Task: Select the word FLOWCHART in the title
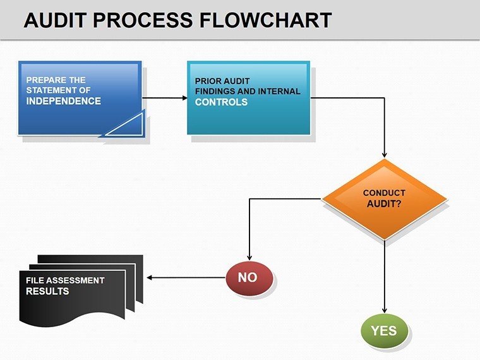tap(265, 20)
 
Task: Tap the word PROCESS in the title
tap(143, 20)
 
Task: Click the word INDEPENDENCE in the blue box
tap(63, 101)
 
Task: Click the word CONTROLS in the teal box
tap(221, 102)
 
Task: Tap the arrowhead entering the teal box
tap(185, 98)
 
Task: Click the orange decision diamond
tap(385, 199)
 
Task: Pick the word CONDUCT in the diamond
tap(384, 193)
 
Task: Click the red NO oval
tap(249, 278)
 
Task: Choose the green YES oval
tap(385, 330)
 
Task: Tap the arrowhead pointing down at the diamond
tap(385, 155)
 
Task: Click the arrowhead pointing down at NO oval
tap(249, 258)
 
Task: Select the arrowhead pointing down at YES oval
tap(385, 310)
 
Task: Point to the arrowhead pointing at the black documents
tap(150, 278)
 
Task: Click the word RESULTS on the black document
tap(47, 291)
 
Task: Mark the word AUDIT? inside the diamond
tap(384, 204)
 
